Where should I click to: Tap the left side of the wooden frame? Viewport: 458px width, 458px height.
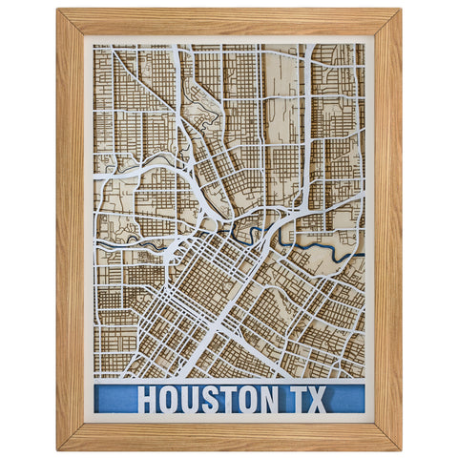[70, 229]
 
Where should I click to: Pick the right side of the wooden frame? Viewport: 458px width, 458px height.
[387, 229]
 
